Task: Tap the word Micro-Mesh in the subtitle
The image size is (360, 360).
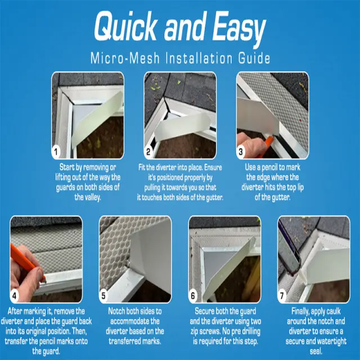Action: click(x=125, y=58)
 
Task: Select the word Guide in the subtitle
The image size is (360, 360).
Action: click(x=254, y=58)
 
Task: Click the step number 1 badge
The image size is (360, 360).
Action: click(x=56, y=151)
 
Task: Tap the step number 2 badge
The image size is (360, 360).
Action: click(x=148, y=151)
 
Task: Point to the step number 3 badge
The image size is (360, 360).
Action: click(x=241, y=151)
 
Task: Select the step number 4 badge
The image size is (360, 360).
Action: click(x=15, y=295)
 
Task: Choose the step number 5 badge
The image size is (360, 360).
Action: click(x=103, y=295)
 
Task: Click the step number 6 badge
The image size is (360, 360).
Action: click(x=193, y=295)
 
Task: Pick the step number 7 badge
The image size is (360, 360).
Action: click(x=282, y=295)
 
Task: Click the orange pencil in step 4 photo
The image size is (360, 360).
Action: click(x=26, y=263)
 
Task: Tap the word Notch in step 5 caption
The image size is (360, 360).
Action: click(x=118, y=311)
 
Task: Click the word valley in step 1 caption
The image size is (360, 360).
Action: click(x=92, y=197)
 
